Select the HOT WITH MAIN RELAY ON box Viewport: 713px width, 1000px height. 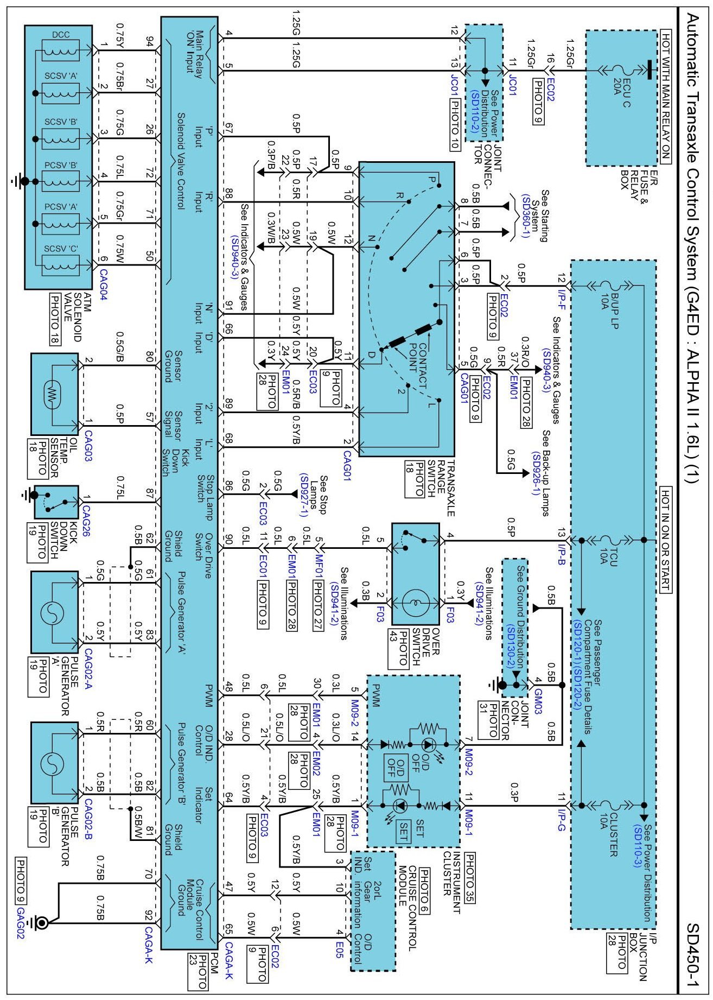[665, 98]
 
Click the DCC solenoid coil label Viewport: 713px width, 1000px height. [61, 35]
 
